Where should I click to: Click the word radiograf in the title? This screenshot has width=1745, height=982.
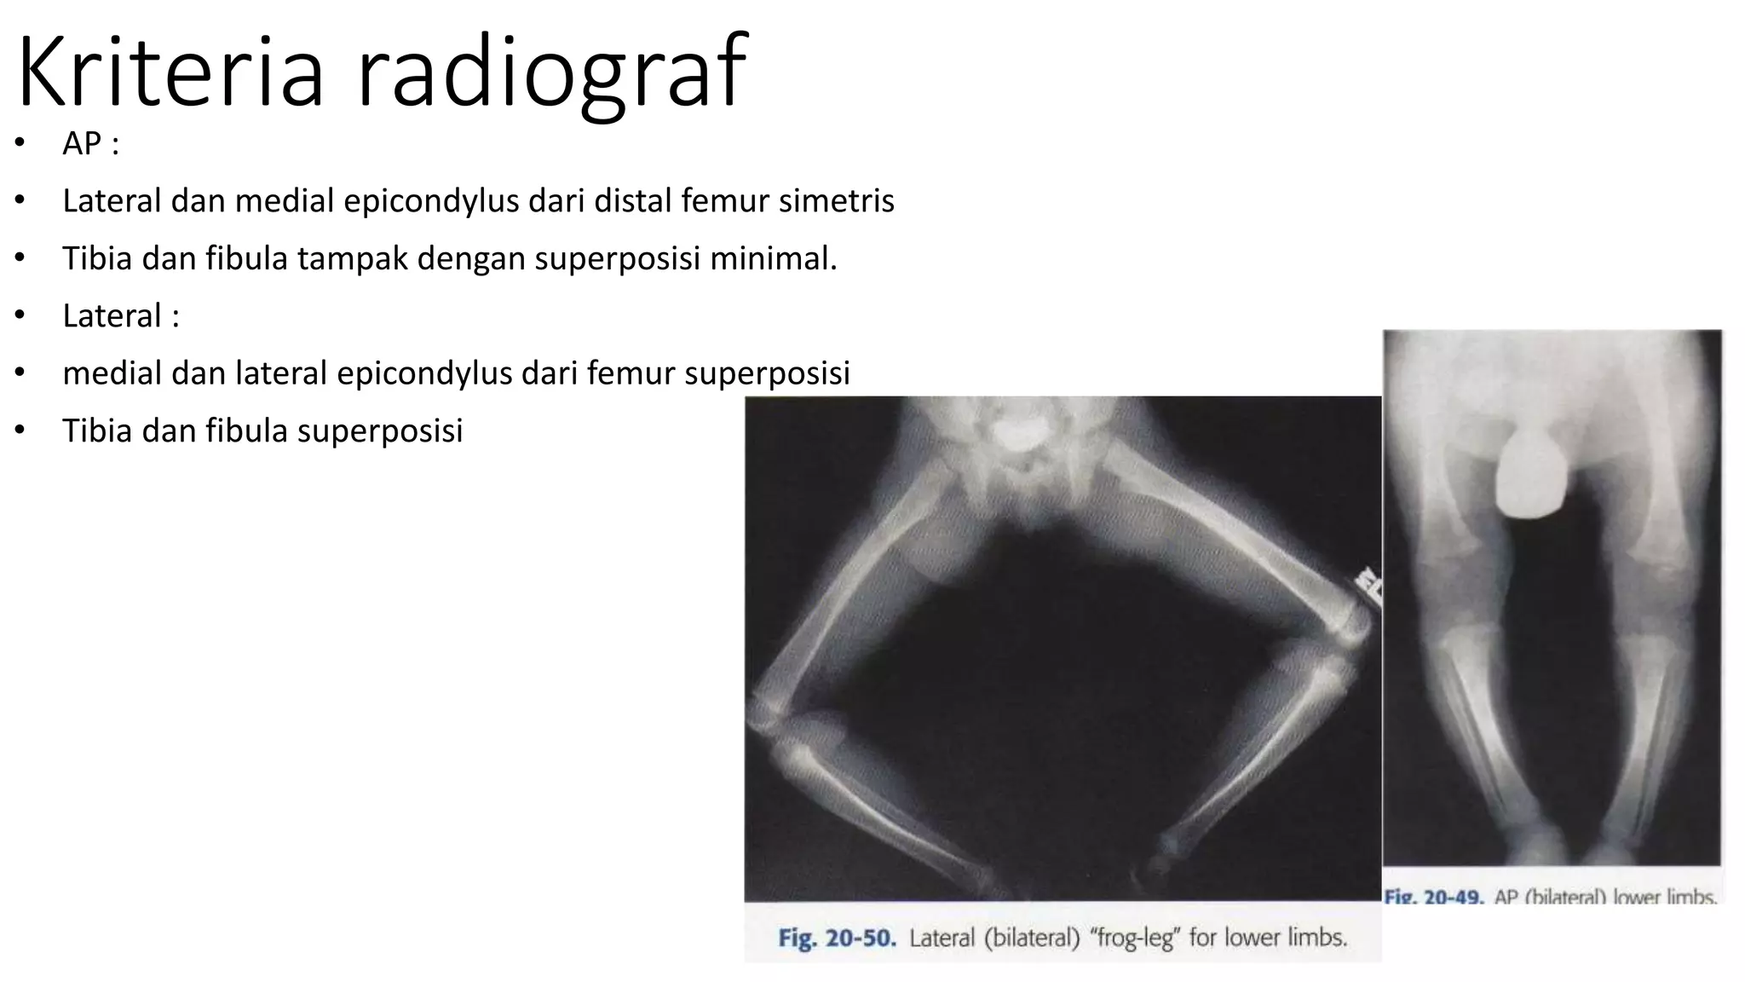click(552, 72)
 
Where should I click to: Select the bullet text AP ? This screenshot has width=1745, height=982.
click(90, 143)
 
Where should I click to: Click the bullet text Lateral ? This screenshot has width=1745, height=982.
click(121, 316)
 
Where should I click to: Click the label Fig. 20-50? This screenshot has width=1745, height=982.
click(837, 939)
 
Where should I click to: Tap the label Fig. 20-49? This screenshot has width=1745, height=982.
click(1434, 898)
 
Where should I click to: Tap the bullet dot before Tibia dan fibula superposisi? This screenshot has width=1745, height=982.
click(20, 430)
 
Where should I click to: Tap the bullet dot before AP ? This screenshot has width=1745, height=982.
click(20, 143)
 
